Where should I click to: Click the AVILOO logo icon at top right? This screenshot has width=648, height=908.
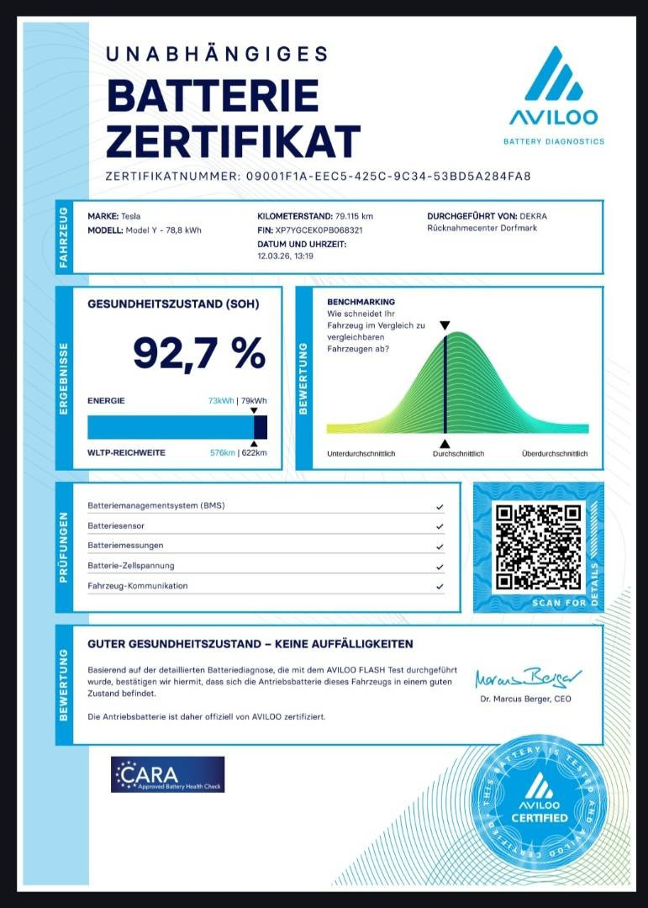click(553, 75)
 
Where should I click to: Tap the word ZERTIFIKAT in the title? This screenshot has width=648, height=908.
click(233, 141)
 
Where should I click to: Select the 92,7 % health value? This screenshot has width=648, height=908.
click(199, 353)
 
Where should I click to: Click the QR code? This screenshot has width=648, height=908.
click(538, 547)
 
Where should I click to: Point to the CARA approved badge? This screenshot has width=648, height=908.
click(167, 774)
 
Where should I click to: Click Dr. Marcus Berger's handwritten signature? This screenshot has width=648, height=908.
click(528, 678)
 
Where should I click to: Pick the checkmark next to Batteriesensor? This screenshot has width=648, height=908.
click(440, 526)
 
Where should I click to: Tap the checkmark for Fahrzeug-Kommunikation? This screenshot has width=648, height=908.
click(440, 586)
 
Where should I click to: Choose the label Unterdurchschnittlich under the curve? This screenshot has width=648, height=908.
click(361, 454)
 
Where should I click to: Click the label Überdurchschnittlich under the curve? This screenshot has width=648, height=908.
click(555, 454)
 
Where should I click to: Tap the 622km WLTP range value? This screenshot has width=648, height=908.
click(254, 453)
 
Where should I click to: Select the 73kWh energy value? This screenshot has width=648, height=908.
click(222, 401)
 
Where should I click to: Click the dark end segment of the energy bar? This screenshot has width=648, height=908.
click(261, 427)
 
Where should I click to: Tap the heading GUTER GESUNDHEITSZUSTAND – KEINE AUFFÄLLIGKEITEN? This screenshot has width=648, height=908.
click(250, 644)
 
